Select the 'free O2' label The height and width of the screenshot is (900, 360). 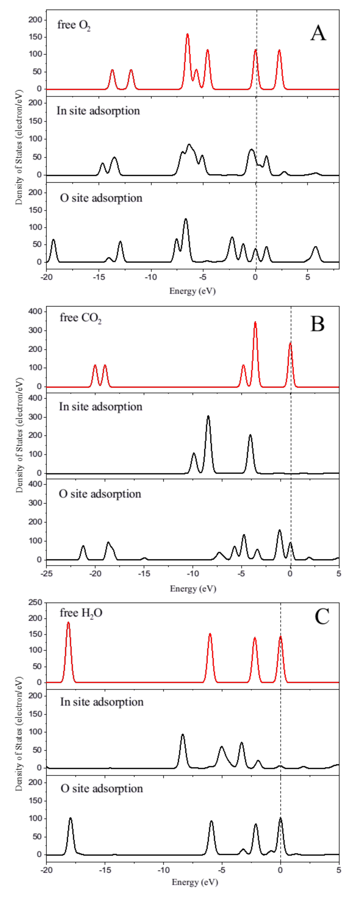pos(74,25)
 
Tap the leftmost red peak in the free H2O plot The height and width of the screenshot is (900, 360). pos(68,623)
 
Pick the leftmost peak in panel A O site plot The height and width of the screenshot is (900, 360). pos(53,240)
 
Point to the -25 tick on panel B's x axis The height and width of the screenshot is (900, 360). pos(47,574)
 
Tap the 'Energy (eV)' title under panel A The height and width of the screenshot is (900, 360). pos(192,291)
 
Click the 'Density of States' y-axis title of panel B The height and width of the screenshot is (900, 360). pos(19,435)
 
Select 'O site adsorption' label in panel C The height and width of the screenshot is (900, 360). pos(102,788)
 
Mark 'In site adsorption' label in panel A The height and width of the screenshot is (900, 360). pos(98,111)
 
